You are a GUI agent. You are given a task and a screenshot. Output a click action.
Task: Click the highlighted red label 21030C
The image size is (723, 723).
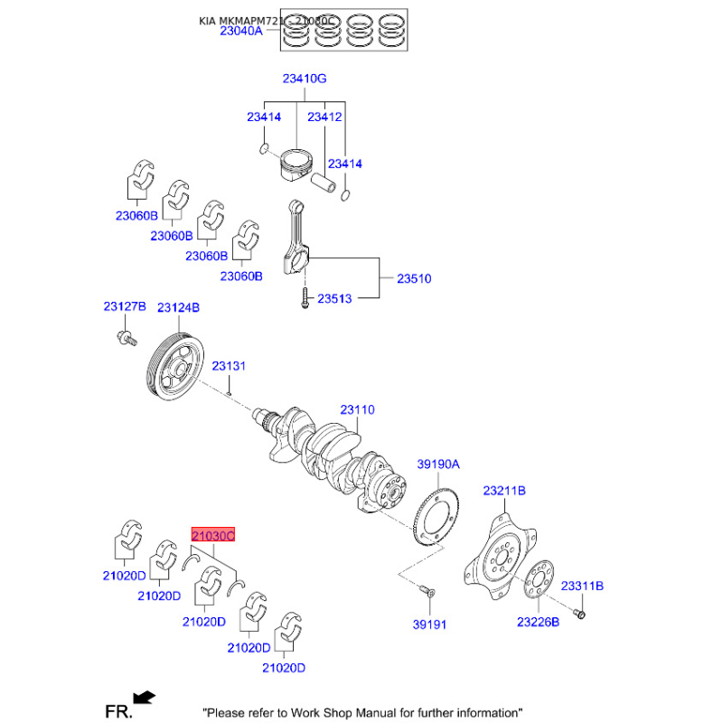pos(211,536)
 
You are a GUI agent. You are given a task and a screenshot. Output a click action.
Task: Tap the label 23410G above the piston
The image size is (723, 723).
pos(304,79)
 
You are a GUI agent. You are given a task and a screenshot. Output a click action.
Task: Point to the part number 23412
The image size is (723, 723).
pos(324,117)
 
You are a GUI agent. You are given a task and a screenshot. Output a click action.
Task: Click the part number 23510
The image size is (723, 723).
pos(414,278)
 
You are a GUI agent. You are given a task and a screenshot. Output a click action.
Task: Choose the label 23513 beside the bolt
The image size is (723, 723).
pos(333,297)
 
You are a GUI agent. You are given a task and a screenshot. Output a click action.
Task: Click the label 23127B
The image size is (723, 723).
pos(124,307)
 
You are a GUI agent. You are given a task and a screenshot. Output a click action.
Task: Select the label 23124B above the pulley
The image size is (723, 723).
pos(178,307)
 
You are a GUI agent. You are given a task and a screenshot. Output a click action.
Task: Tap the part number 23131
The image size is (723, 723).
pos(229,366)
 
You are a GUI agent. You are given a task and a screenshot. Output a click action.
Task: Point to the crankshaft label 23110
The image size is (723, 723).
pos(357,409)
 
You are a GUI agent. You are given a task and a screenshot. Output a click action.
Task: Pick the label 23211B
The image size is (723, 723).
pos(504,491)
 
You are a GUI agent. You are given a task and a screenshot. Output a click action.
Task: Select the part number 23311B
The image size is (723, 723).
pos(581,586)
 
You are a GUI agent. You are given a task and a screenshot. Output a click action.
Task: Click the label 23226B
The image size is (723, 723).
pos(539,622)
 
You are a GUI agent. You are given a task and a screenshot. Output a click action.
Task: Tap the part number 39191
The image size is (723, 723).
pos(430,624)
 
